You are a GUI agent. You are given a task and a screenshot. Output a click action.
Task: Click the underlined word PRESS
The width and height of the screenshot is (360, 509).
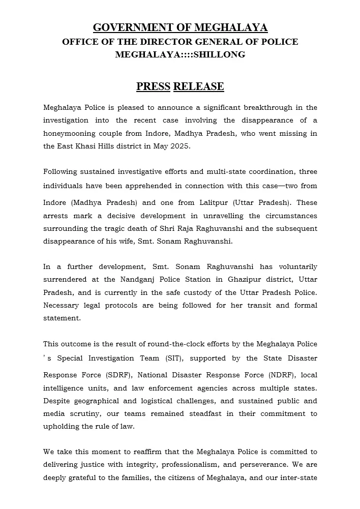pos(153,86)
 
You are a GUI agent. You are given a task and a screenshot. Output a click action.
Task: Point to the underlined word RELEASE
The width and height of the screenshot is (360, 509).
pos(198,86)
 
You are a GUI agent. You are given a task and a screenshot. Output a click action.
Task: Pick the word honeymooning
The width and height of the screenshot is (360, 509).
pos(67,134)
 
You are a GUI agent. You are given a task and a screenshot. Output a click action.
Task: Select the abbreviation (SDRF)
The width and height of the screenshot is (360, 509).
pos(122,375)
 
